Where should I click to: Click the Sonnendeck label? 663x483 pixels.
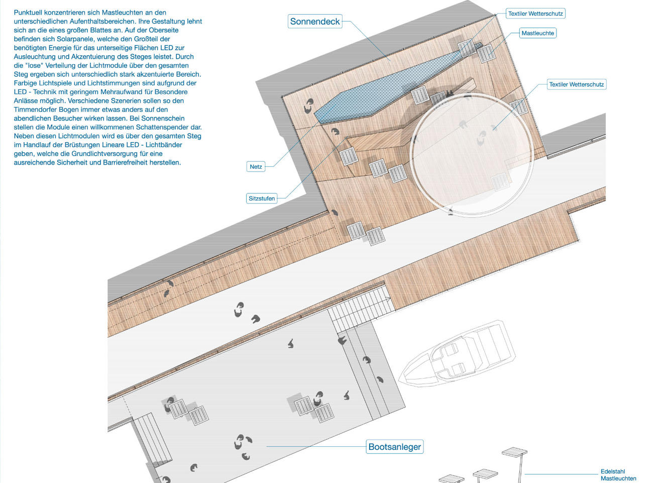[x=315, y=21]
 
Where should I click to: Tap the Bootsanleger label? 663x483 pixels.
[x=395, y=446]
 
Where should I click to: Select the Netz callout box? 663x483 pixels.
[x=256, y=167]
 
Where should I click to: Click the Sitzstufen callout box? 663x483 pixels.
[x=262, y=198]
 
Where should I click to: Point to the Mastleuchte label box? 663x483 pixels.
[x=538, y=33]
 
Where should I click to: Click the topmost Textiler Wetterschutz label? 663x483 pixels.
[x=535, y=14]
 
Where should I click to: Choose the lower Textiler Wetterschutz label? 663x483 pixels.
[x=576, y=84]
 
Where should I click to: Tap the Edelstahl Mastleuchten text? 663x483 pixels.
[x=618, y=475]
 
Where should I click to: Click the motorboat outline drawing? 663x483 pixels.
[x=457, y=354]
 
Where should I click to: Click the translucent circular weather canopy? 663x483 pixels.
[x=472, y=155]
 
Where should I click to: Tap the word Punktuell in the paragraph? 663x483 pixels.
[x=28, y=13]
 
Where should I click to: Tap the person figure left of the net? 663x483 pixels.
[x=309, y=105]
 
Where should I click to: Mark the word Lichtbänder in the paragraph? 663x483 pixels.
[x=162, y=145]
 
